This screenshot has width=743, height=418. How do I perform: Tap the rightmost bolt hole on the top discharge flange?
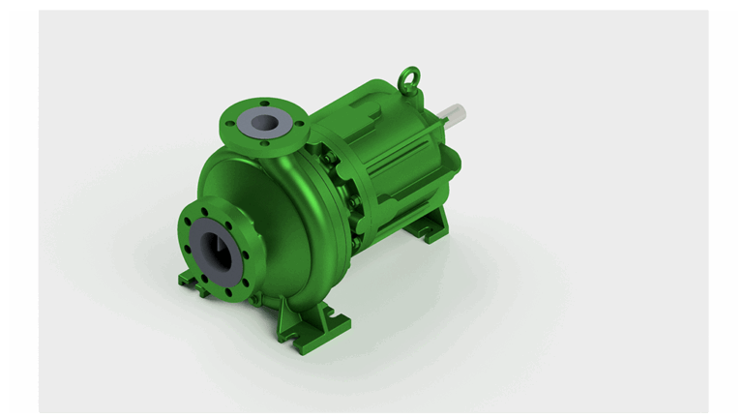click(x=298, y=122)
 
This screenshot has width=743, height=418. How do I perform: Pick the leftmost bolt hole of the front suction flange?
click(x=186, y=229)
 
